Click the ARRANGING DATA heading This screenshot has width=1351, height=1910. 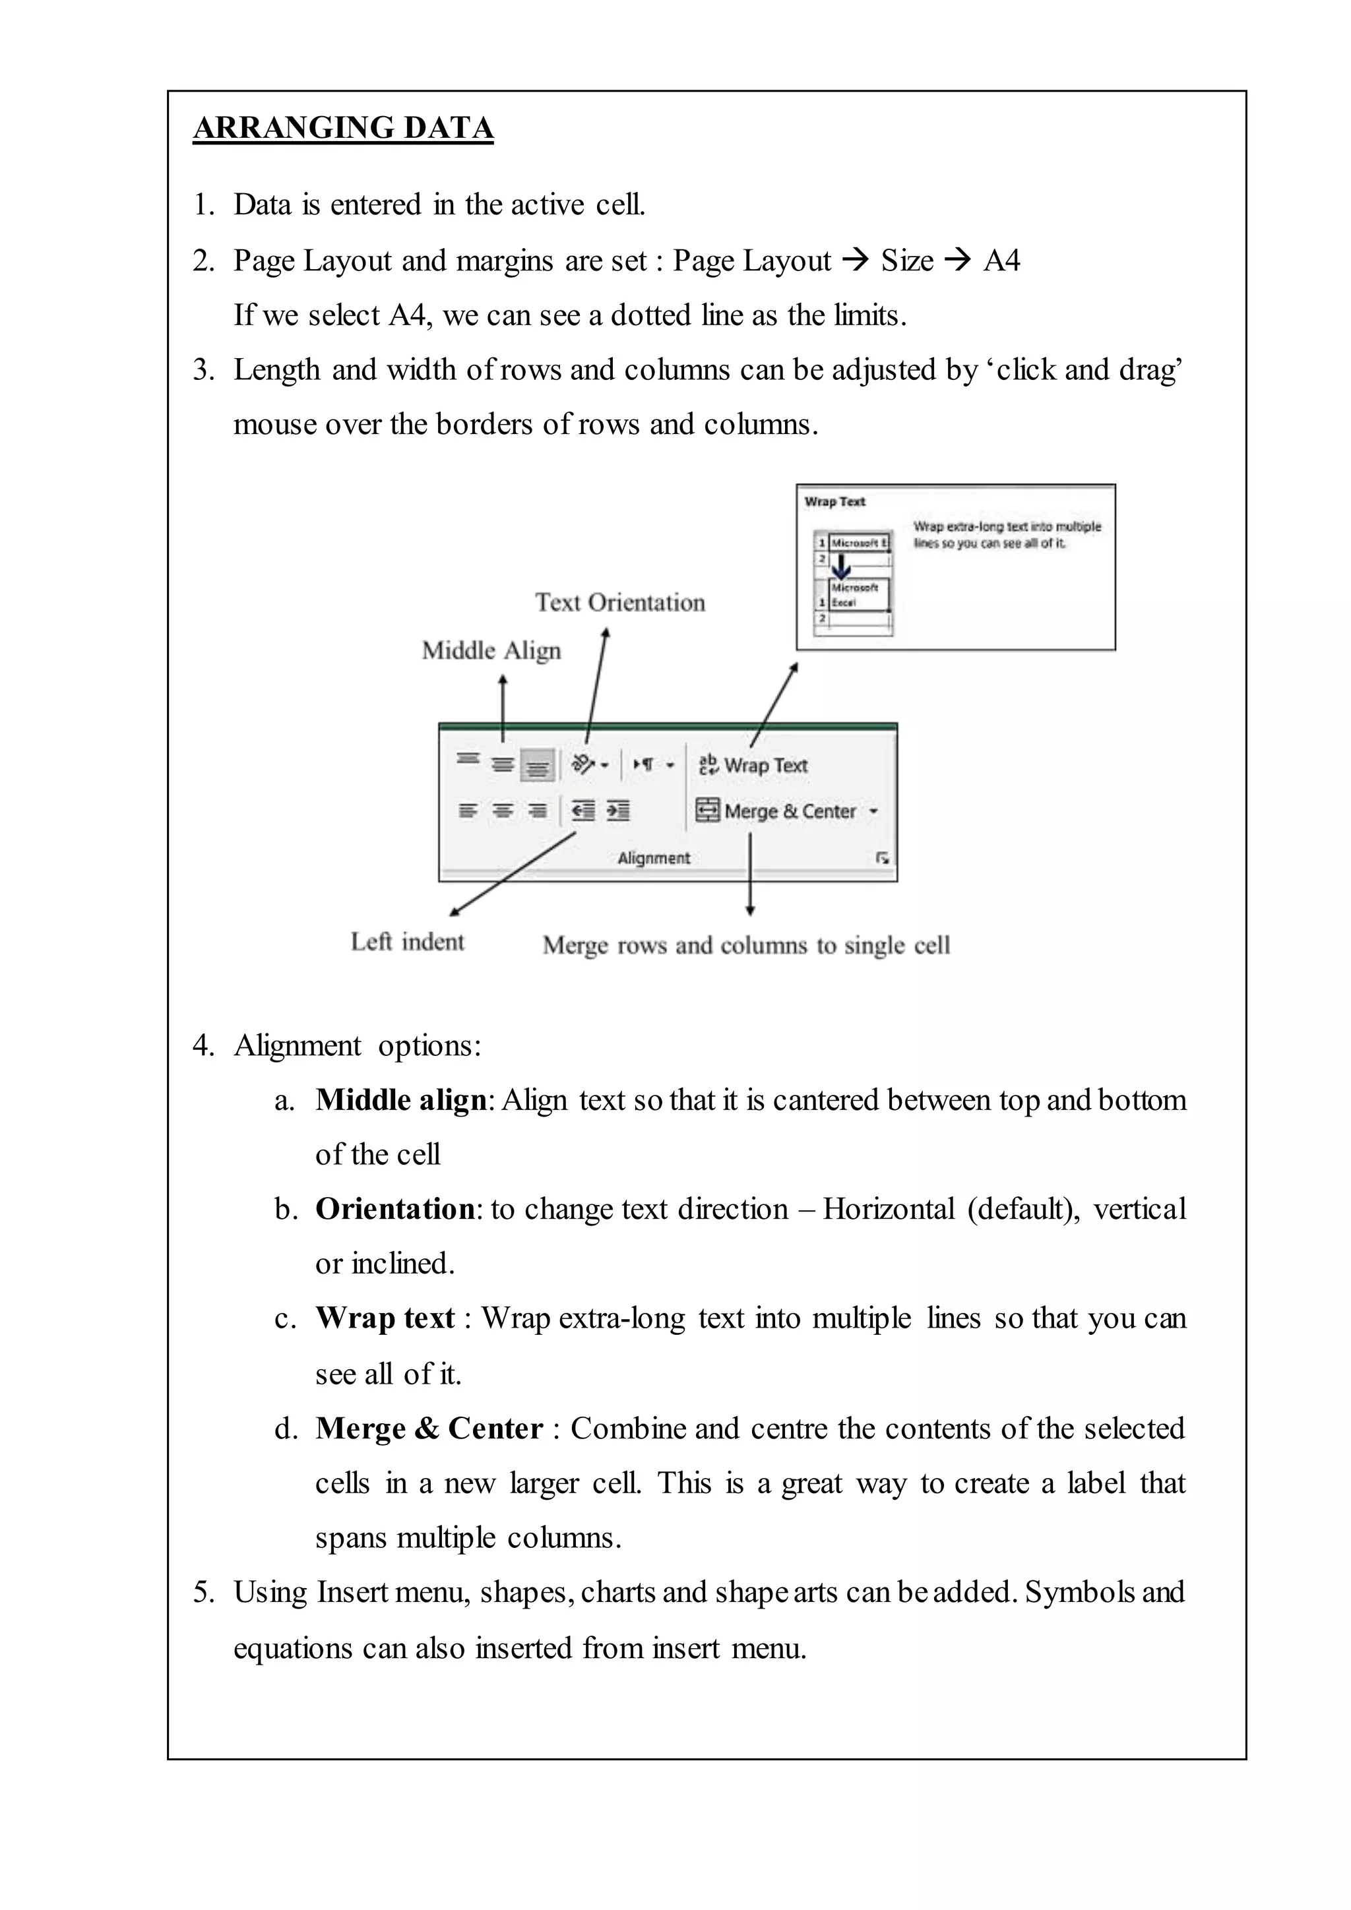coord(343,128)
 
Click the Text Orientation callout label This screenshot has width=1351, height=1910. coord(620,602)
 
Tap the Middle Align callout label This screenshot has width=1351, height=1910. coord(491,650)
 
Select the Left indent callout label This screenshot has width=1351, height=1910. coord(407,942)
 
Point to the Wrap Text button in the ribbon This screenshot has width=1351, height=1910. coord(754,765)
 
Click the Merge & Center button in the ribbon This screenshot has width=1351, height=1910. coord(777,811)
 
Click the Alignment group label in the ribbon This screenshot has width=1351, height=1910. coord(654,857)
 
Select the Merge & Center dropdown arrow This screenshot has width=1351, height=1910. coord(873,811)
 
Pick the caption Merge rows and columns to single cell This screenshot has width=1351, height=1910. coord(746,946)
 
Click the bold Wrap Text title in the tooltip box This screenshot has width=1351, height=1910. coord(834,502)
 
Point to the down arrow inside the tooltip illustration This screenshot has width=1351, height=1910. coord(842,567)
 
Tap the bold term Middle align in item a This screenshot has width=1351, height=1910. coord(401,1099)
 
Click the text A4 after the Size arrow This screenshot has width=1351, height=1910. coord(1001,261)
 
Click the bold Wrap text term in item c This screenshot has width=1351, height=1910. coord(385,1318)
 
